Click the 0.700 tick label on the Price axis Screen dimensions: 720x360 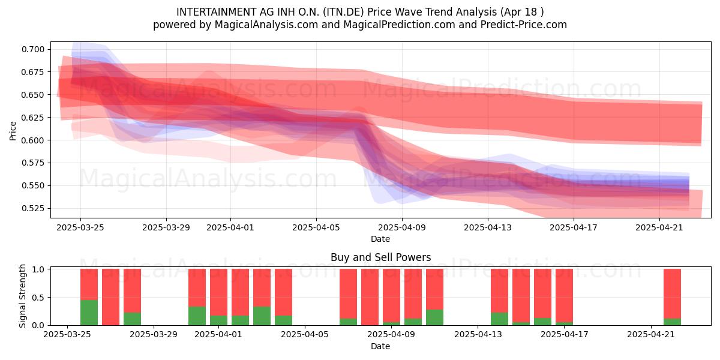33,49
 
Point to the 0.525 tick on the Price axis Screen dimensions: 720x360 33,209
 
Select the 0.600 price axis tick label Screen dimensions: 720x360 33,140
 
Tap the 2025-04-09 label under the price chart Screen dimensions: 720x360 402,227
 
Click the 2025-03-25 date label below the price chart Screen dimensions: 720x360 80,227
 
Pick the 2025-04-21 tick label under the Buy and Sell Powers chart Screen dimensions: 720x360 651,335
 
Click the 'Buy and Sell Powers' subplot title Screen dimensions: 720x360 380,257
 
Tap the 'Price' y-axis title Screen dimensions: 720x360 13,131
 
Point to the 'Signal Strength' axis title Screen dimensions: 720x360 22,296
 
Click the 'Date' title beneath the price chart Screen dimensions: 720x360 380,239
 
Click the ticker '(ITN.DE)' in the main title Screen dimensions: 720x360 343,12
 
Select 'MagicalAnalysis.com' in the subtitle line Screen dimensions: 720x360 266,25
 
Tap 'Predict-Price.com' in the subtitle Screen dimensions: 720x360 524,25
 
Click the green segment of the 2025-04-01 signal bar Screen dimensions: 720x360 218,320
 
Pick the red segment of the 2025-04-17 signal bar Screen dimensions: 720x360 564,295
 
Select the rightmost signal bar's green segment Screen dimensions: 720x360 672,322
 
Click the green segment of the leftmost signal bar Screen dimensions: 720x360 89,313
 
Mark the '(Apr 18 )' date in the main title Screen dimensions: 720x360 522,12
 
